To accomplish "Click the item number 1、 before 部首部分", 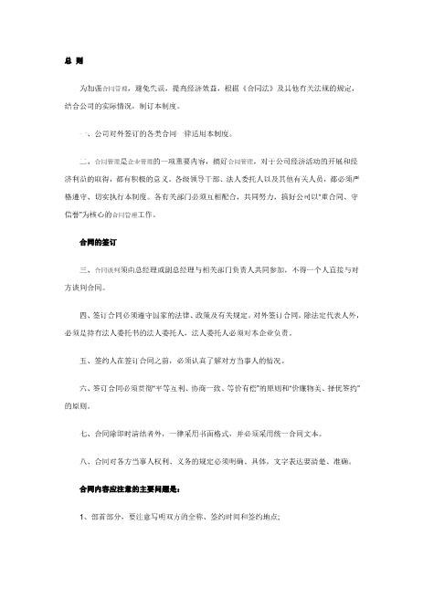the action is tap(84, 517).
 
